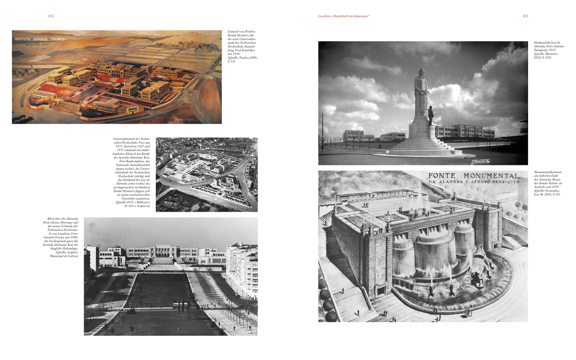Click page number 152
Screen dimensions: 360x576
click(51, 16)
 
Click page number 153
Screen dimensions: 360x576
click(525, 16)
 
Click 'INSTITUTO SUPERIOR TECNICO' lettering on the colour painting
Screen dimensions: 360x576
click(40, 39)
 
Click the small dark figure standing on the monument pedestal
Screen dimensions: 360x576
click(431, 115)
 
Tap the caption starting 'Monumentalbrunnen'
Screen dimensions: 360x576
click(548, 184)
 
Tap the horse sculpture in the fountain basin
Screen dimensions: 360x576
click(475, 278)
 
